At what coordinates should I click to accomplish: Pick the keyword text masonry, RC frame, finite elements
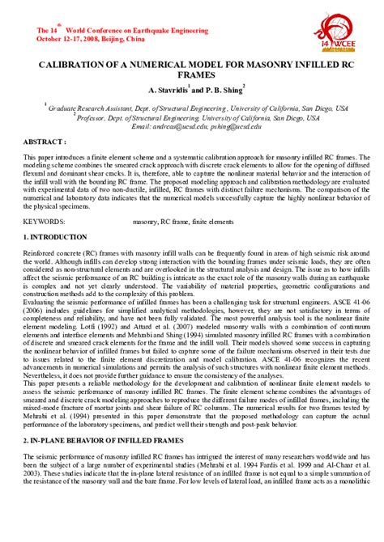click(177, 220)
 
